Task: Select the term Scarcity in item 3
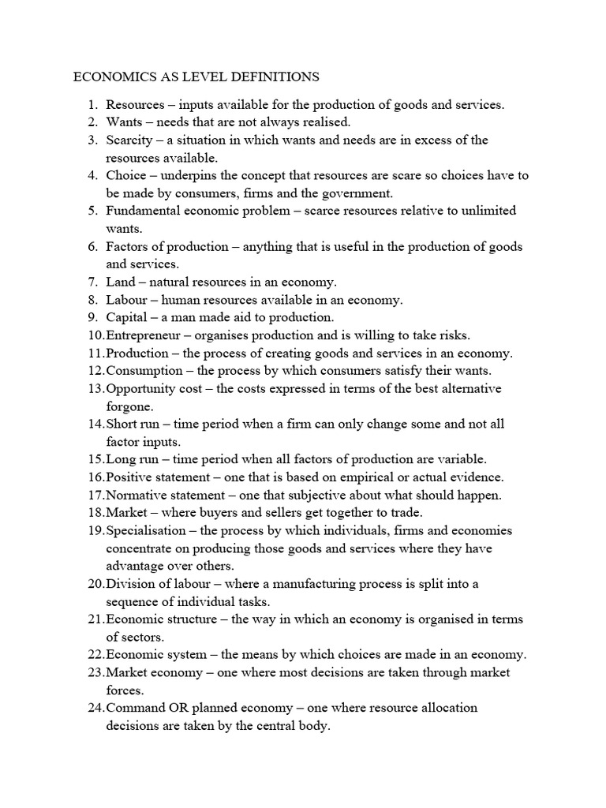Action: (131, 140)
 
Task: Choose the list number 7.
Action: (92, 282)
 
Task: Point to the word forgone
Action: (129, 406)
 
